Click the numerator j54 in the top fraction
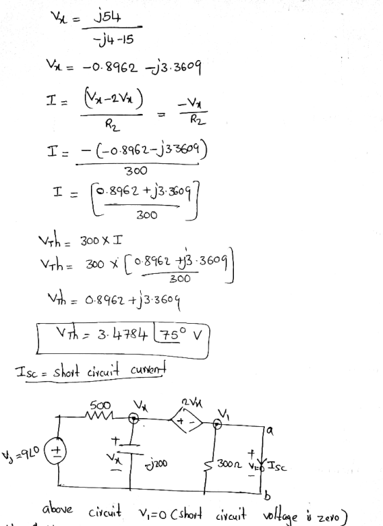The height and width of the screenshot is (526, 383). pyautogui.click(x=107, y=16)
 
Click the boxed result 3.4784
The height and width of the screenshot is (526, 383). pyautogui.click(x=122, y=334)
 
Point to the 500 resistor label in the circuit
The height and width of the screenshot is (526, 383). pyautogui.click(x=101, y=405)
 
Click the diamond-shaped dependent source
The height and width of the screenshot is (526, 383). pyautogui.click(x=187, y=421)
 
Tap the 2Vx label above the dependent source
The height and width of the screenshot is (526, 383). pyautogui.click(x=192, y=402)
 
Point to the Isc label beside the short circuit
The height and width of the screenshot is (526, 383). pyautogui.click(x=276, y=467)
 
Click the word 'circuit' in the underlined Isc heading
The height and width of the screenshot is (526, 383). pyautogui.click(x=103, y=372)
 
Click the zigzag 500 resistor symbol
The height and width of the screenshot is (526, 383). pyautogui.click(x=100, y=416)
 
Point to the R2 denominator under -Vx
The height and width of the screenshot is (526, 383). pyautogui.click(x=198, y=120)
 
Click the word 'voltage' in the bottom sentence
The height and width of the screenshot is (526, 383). pyautogui.click(x=280, y=515)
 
